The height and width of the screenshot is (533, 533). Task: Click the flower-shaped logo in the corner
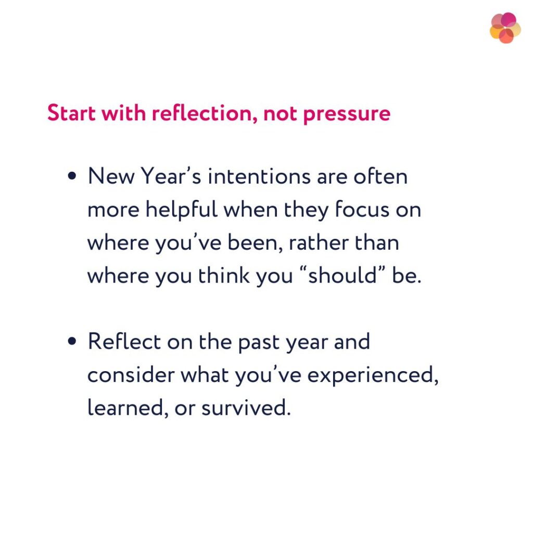(x=505, y=28)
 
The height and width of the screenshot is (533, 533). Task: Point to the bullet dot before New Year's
(x=72, y=177)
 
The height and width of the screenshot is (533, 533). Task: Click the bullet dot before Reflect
(x=72, y=342)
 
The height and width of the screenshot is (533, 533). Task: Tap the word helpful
(x=181, y=210)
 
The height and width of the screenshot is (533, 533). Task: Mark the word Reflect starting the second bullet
(x=124, y=342)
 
